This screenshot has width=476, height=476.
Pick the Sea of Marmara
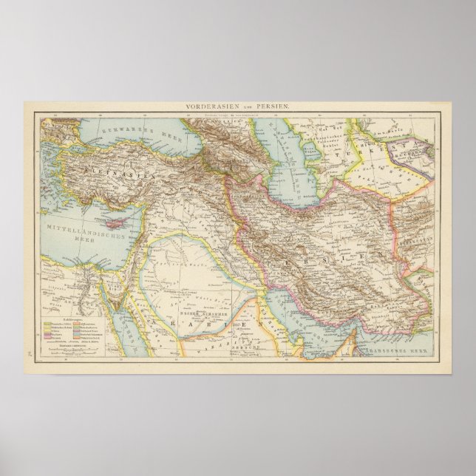click(x=67, y=154)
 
